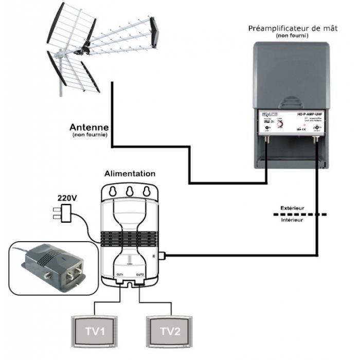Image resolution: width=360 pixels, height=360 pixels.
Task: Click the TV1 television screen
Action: point(95,331)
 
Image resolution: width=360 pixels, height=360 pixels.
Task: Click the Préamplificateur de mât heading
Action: point(293,28)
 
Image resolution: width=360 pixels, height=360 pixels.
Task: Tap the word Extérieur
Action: point(292,208)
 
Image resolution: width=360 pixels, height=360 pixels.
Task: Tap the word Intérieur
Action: point(292,220)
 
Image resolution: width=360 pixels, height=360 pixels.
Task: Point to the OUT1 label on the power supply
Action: point(120,275)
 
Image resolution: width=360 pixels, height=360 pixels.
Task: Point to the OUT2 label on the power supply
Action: point(139,275)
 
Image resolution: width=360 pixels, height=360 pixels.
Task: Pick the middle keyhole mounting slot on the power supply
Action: point(130,191)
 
